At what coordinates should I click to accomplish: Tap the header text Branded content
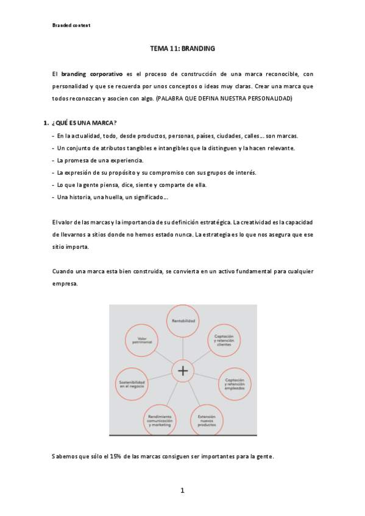(71, 25)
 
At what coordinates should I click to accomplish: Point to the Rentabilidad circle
(183, 319)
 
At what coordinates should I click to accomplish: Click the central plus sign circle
(183, 370)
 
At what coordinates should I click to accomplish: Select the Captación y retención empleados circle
(235, 383)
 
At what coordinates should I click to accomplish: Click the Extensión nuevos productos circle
(207, 420)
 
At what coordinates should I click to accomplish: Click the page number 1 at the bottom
(182, 490)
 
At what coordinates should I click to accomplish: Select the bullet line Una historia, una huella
(113, 197)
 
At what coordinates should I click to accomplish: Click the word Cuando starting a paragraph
(63, 271)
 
